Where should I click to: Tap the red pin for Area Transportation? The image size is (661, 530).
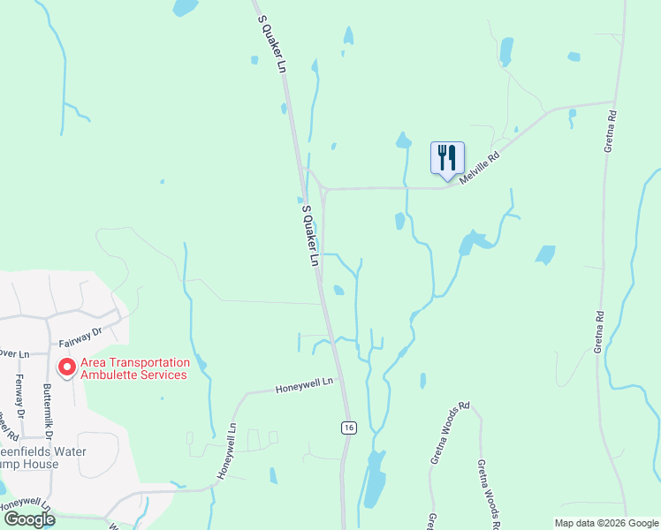(66, 366)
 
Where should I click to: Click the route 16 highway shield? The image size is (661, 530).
(349, 428)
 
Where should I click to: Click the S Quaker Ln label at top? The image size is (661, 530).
(272, 43)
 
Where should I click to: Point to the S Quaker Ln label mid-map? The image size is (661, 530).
(310, 236)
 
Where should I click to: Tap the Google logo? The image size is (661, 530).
(28, 519)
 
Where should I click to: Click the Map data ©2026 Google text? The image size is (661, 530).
(606, 523)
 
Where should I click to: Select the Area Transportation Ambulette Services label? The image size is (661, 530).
(134, 368)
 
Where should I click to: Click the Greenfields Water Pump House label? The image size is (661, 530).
(30, 458)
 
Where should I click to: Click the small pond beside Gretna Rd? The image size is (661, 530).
(545, 255)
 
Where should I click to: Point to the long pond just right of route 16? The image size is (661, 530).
(375, 478)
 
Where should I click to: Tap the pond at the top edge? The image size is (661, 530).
(185, 7)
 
